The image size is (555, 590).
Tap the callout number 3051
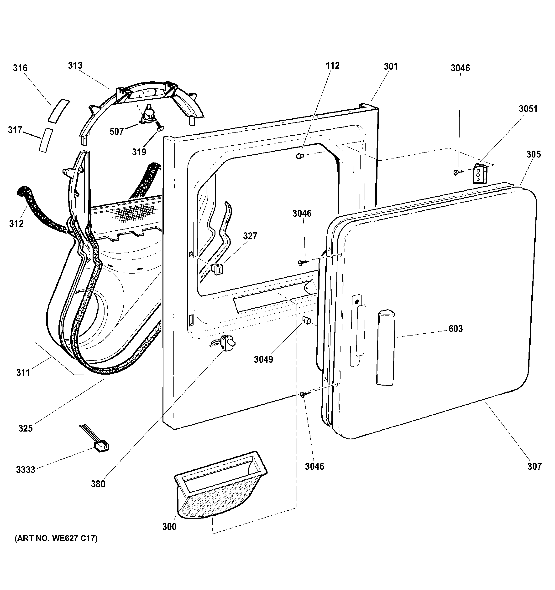point(528,109)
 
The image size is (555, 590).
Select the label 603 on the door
point(456,329)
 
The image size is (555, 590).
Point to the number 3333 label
point(26,469)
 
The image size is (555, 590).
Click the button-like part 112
point(300,156)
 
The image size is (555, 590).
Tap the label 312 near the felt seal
point(16,224)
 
